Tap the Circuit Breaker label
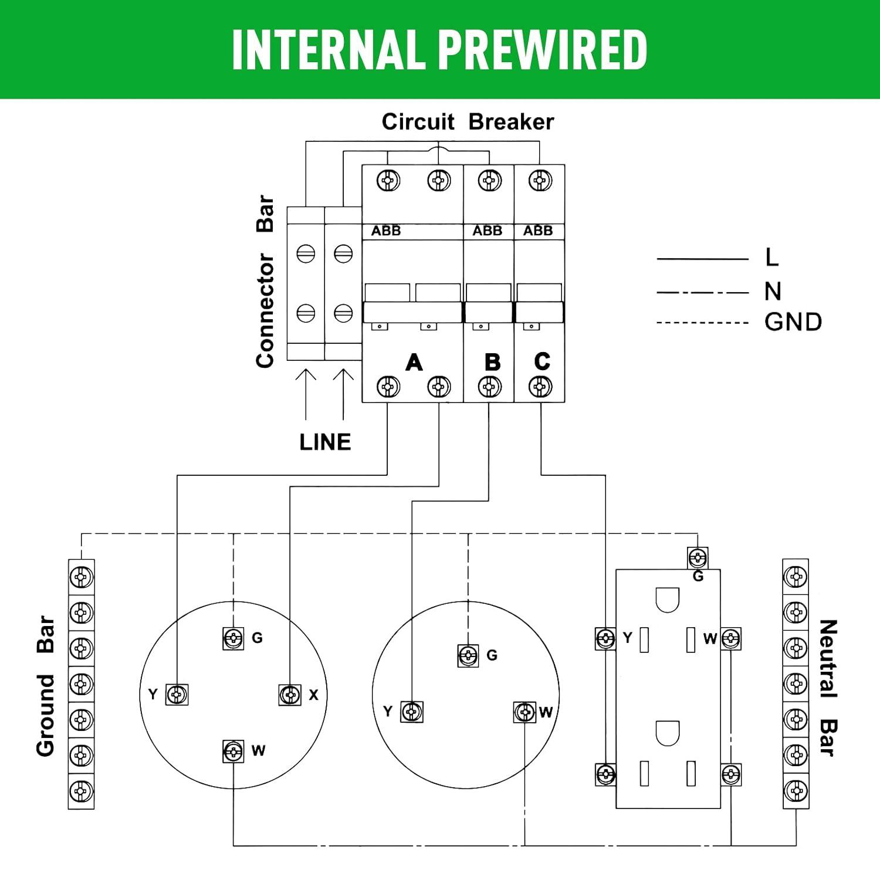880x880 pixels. click(468, 122)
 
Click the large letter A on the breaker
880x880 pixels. click(414, 363)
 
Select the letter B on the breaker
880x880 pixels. click(492, 363)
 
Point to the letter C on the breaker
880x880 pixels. click(542, 361)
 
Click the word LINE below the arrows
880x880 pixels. click(325, 442)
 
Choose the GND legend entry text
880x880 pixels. click(793, 322)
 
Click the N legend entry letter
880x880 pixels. click(773, 292)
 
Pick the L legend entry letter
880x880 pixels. click(772, 257)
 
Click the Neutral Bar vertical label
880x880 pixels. click(827, 688)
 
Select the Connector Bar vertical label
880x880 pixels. click(265, 282)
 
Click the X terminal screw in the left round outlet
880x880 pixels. click(290, 695)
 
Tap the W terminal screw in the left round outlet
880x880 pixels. click(233, 751)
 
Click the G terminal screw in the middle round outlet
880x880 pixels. click(468, 655)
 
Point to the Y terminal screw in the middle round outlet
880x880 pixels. click(411, 712)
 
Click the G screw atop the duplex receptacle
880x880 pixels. click(698, 557)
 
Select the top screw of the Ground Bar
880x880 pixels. click(81, 577)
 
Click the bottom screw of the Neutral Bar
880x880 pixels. click(796, 790)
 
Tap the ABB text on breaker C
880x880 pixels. click(538, 231)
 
